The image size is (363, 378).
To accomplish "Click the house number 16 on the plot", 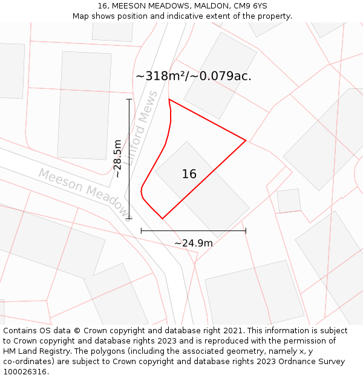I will (189, 174).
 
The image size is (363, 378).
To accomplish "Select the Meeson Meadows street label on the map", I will (84, 192).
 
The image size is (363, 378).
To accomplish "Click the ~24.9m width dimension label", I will (194, 243).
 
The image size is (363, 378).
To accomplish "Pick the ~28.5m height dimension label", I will (117, 158).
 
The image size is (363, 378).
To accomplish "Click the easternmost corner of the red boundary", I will (246, 140).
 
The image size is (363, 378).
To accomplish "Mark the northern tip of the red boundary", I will (169, 99).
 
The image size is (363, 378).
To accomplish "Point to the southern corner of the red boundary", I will (162, 218).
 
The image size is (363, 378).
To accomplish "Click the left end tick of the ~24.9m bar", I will (141, 230).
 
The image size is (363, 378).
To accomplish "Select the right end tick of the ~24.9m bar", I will (246, 230).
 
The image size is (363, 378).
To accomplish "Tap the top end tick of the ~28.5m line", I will (129, 99).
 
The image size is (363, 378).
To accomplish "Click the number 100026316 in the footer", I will (24, 372).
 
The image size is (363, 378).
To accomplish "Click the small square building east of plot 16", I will (289, 201).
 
